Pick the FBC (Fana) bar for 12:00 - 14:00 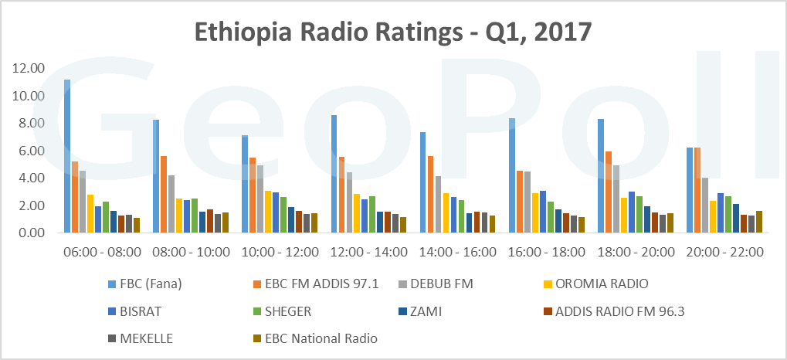[x=334, y=174]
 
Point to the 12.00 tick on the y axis [x=29, y=69]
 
